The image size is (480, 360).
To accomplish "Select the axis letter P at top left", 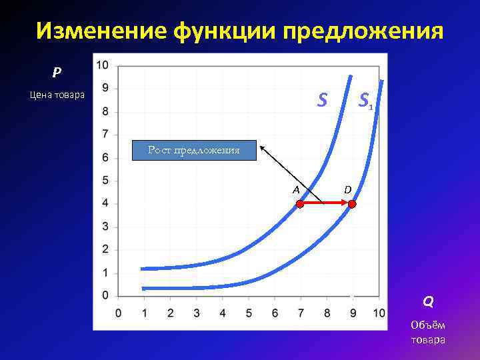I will pos(57,71).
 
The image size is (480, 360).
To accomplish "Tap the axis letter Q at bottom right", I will pos(428,302).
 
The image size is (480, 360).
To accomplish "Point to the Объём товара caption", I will pos(428,332).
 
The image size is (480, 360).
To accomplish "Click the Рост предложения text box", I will pos(193,151).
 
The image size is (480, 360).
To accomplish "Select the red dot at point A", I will pos(300,205).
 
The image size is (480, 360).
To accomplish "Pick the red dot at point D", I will pos(353,205).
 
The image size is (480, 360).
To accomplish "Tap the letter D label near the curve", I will pos(348,190).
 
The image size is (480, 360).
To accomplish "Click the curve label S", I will pos(322,100).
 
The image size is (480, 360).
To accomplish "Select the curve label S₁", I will pos(365,101).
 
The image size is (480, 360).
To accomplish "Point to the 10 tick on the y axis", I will pos(103,65).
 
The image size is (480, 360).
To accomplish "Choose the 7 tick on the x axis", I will pos(301,313).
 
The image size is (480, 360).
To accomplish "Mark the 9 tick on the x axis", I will pos(353,313).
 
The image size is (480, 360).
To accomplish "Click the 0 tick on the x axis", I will pos(119,313).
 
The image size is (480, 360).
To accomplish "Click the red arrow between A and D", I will pos(327,205).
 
